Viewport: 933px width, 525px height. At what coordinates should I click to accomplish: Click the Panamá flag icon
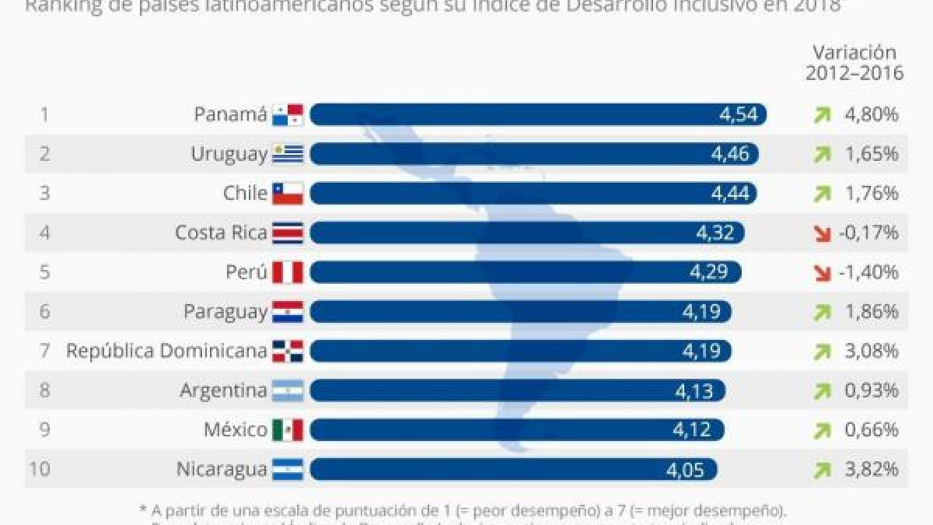click(x=287, y=115)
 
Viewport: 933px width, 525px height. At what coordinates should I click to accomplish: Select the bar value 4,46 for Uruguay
click(x=730, y=154)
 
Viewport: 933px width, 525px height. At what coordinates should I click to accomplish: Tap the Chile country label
click(x=245, y=194)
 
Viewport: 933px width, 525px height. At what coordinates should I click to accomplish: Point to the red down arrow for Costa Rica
click(x=822, y=233)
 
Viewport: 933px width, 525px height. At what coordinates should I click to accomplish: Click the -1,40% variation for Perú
click(x=868, y=272)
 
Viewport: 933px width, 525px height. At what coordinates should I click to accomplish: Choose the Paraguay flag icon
click(x=287, y=312)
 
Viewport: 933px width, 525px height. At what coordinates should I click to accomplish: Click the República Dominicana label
click(x=166, y=351)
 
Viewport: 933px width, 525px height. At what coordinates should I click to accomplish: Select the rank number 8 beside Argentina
click(x=44, y=390)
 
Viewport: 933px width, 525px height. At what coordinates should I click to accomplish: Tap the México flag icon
click(x=287, y=429)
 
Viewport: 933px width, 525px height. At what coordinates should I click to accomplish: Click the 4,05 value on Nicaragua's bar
click(x=684, y=469)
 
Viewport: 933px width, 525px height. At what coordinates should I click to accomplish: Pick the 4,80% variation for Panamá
click(x=872, y=115)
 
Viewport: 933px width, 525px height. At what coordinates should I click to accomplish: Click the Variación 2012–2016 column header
click(x=854, y=63)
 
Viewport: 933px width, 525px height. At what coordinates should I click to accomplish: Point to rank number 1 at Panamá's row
click(x=44, y=115)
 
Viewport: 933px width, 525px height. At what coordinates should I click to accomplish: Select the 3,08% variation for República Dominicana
click(x=872, y=352)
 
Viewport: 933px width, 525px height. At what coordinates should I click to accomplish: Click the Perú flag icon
click(x=287, y=272)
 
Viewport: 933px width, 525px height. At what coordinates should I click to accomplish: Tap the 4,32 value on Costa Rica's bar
click(x=716, y=233)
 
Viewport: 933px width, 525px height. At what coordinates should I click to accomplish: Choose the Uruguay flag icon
click(x=287, y=154)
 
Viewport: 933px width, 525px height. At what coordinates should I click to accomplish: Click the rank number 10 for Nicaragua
click(x=40, y=469)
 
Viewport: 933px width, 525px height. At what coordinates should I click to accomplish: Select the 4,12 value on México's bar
click(x=694, y=429)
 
